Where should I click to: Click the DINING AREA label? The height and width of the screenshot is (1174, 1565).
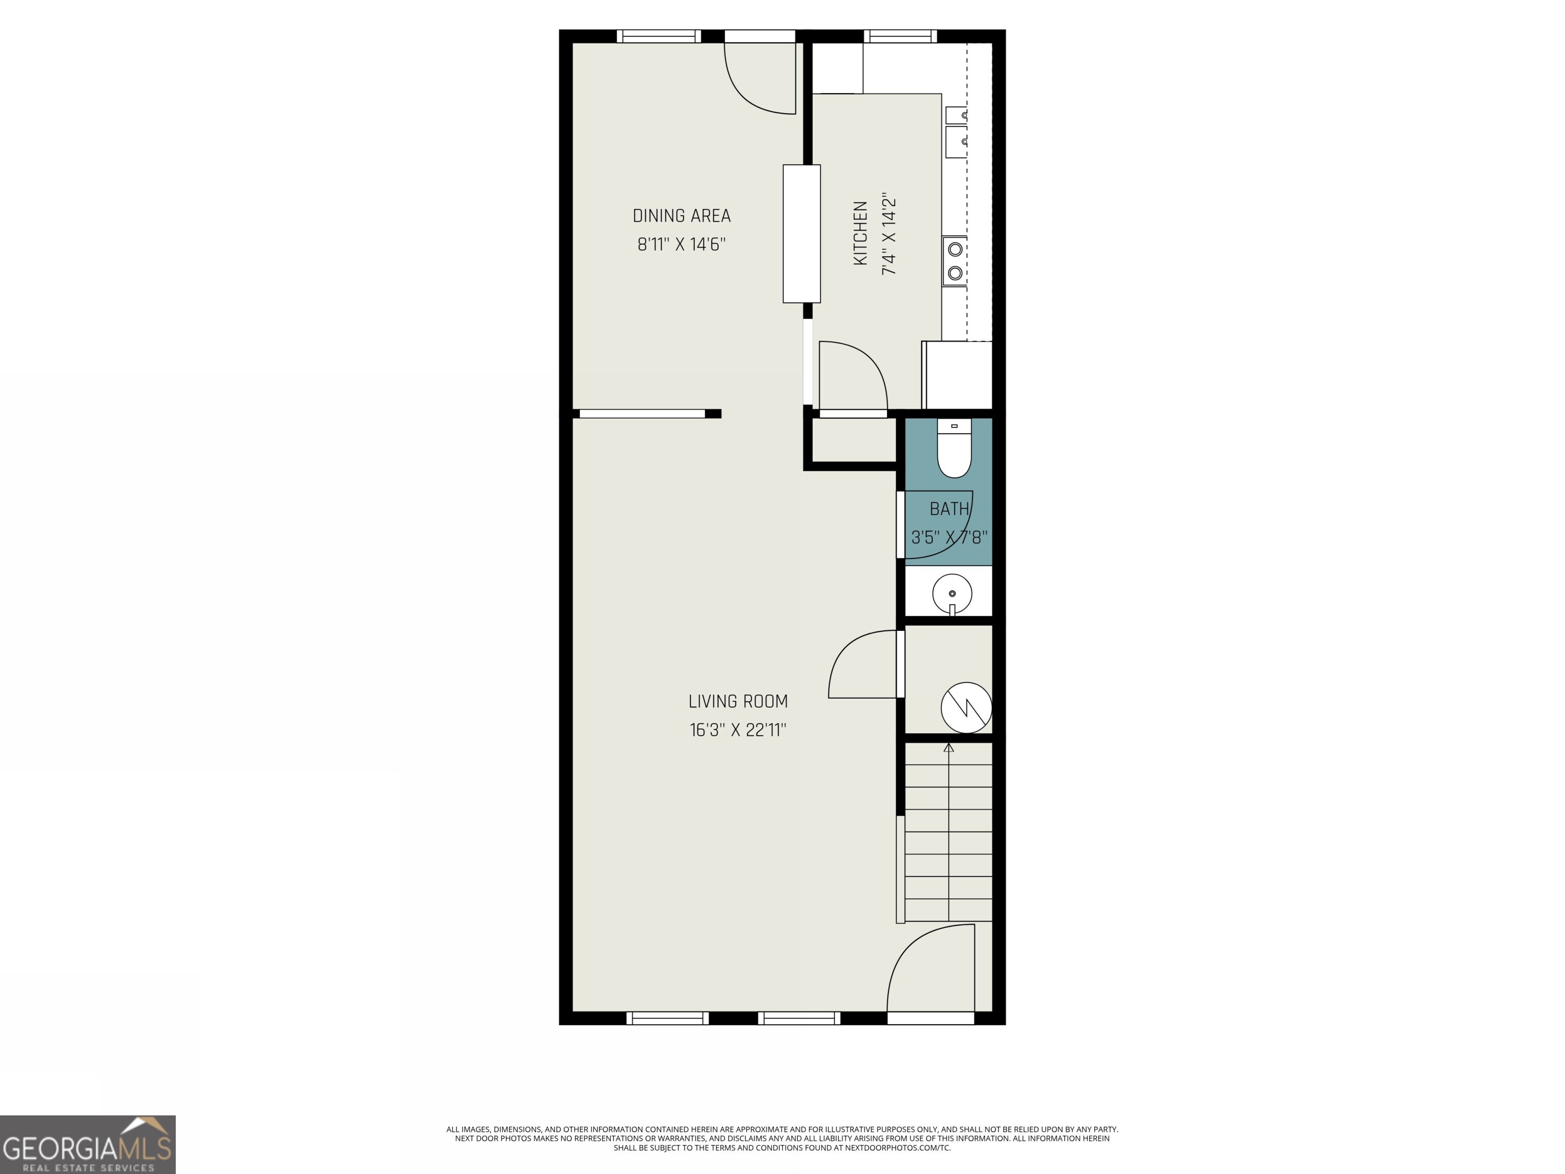(681, 216)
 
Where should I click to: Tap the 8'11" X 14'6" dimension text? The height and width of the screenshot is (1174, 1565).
(681, 244)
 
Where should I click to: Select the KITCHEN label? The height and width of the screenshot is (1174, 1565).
(860, 233)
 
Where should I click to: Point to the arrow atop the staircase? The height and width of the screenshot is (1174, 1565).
(949, 748)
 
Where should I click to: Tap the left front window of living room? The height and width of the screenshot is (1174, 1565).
(667, 1018)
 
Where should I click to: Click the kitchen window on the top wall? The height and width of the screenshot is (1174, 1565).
(900, 36)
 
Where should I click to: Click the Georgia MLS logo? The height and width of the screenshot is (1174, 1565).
(87, 1144)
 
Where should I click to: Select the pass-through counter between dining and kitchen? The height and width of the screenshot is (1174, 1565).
(801, 233)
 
